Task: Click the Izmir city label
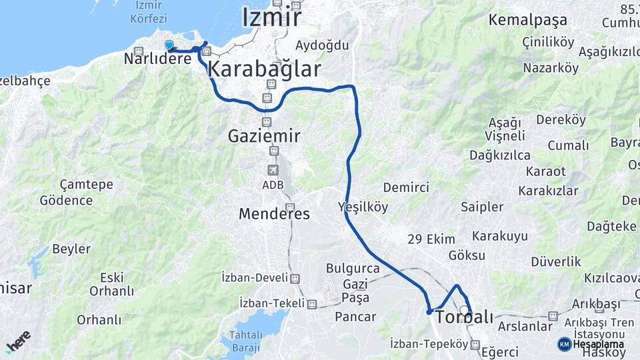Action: point(271,17)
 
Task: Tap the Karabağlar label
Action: point(264,68)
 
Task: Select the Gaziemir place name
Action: point(264,136)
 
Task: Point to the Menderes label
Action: point(274,214)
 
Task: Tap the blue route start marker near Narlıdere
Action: point(169,45)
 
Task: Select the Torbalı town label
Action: point(464,317)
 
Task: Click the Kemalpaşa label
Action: point(527,19)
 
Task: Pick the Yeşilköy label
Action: point(363,206)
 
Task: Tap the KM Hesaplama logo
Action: point(591,344)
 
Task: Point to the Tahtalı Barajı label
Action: point(246,341)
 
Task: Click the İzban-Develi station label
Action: point(255,277)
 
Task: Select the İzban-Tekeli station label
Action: point(272,303)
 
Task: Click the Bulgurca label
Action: point(353,268)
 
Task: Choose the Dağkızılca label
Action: point(499,155)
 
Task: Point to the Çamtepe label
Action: point(86,184)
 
